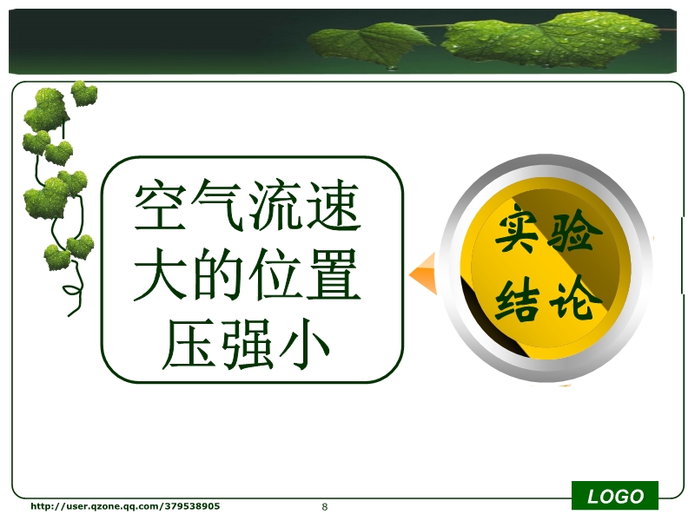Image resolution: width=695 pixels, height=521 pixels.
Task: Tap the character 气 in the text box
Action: (218, 205)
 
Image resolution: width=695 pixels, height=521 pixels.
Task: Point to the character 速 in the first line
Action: (334, 205)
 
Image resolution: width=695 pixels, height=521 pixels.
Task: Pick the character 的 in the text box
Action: (218, 274)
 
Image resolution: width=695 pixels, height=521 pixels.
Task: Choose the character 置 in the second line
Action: (334, 274)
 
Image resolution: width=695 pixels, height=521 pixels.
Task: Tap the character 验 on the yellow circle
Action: (574, 231)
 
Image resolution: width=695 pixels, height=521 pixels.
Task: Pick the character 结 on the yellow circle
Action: (518, 301)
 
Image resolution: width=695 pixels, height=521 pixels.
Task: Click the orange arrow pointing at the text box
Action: (423, 274)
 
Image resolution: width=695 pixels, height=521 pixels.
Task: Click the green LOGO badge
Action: (615, 496)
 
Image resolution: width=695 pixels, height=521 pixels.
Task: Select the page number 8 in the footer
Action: (325, 507)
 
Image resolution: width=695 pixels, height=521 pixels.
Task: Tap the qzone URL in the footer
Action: (125, 506)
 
